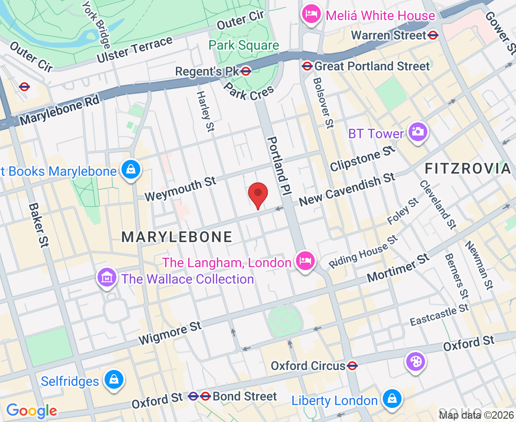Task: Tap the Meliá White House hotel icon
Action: click(311, 14)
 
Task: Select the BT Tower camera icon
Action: click(417, 132)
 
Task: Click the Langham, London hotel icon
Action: click(305, 259)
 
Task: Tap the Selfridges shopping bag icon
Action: click(114, 380)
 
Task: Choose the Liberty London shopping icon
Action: click(391, 399)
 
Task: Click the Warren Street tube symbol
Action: click(433, 35)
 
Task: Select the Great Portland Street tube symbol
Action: click(307, 66)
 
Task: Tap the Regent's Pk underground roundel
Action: click(246, 71)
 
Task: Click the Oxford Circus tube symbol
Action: click(353, 365)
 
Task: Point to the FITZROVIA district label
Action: click(467, 169)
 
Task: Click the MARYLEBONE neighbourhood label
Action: click(177, 237)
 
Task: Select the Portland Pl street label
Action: click(280, 166)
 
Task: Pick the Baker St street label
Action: click(39, 226)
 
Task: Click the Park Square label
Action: click(244, 45)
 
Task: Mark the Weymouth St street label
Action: click(180, 188)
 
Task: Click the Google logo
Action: click(31, 411)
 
